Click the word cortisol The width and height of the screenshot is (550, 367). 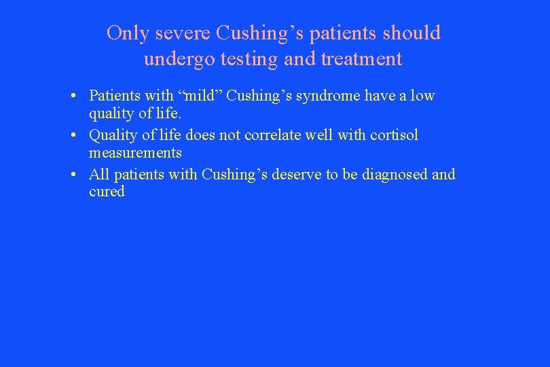394,135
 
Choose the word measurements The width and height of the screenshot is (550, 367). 135,153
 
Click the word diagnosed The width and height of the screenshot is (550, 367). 395,175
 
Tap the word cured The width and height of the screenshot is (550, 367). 107,192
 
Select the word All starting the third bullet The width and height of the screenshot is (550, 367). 99,175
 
